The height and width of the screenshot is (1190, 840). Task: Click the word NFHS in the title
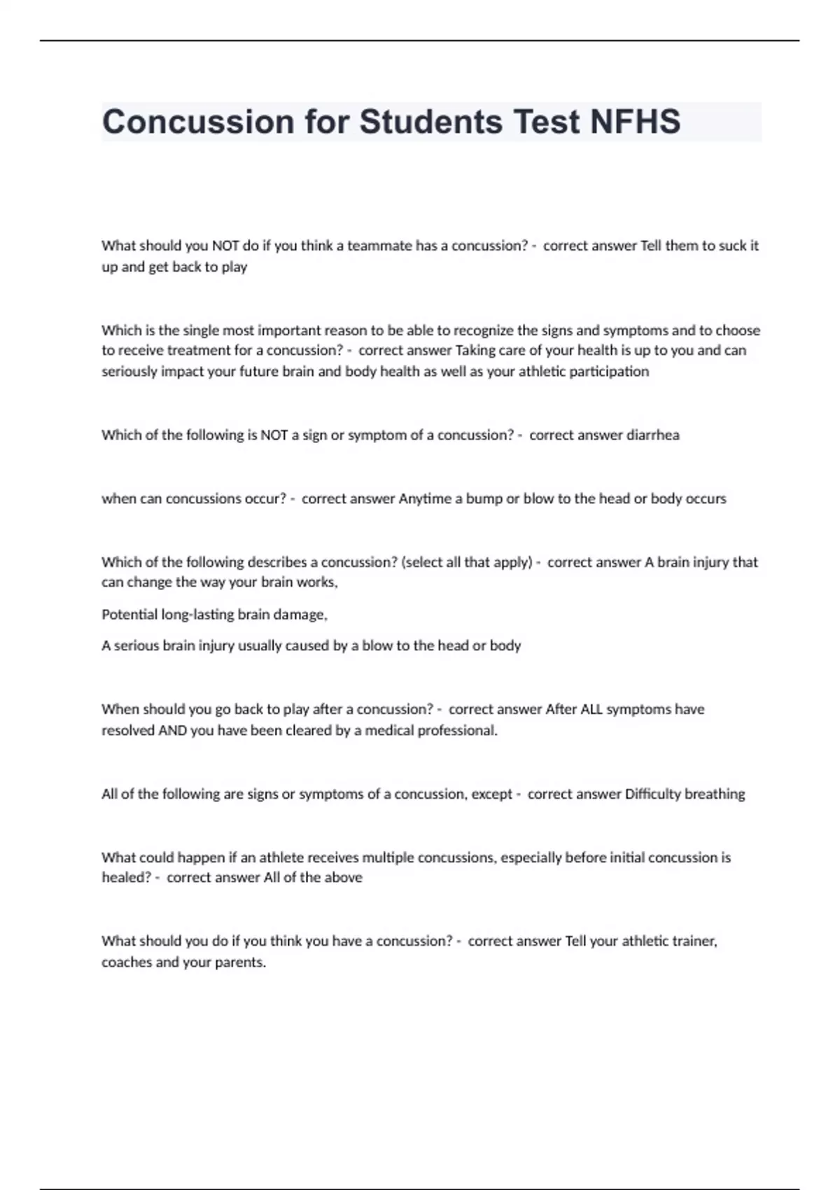(x=635, y=122)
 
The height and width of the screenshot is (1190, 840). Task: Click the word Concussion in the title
(x=198, y=122)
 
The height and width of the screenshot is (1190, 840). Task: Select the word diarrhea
(x=652, y=435)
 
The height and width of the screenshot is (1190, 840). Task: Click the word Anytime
(x=425, y=498)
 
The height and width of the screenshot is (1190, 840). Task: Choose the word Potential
(x=129, y=615)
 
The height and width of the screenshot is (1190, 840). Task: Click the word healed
(x=125, y=877)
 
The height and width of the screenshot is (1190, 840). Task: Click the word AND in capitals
(x=172, y=730)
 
